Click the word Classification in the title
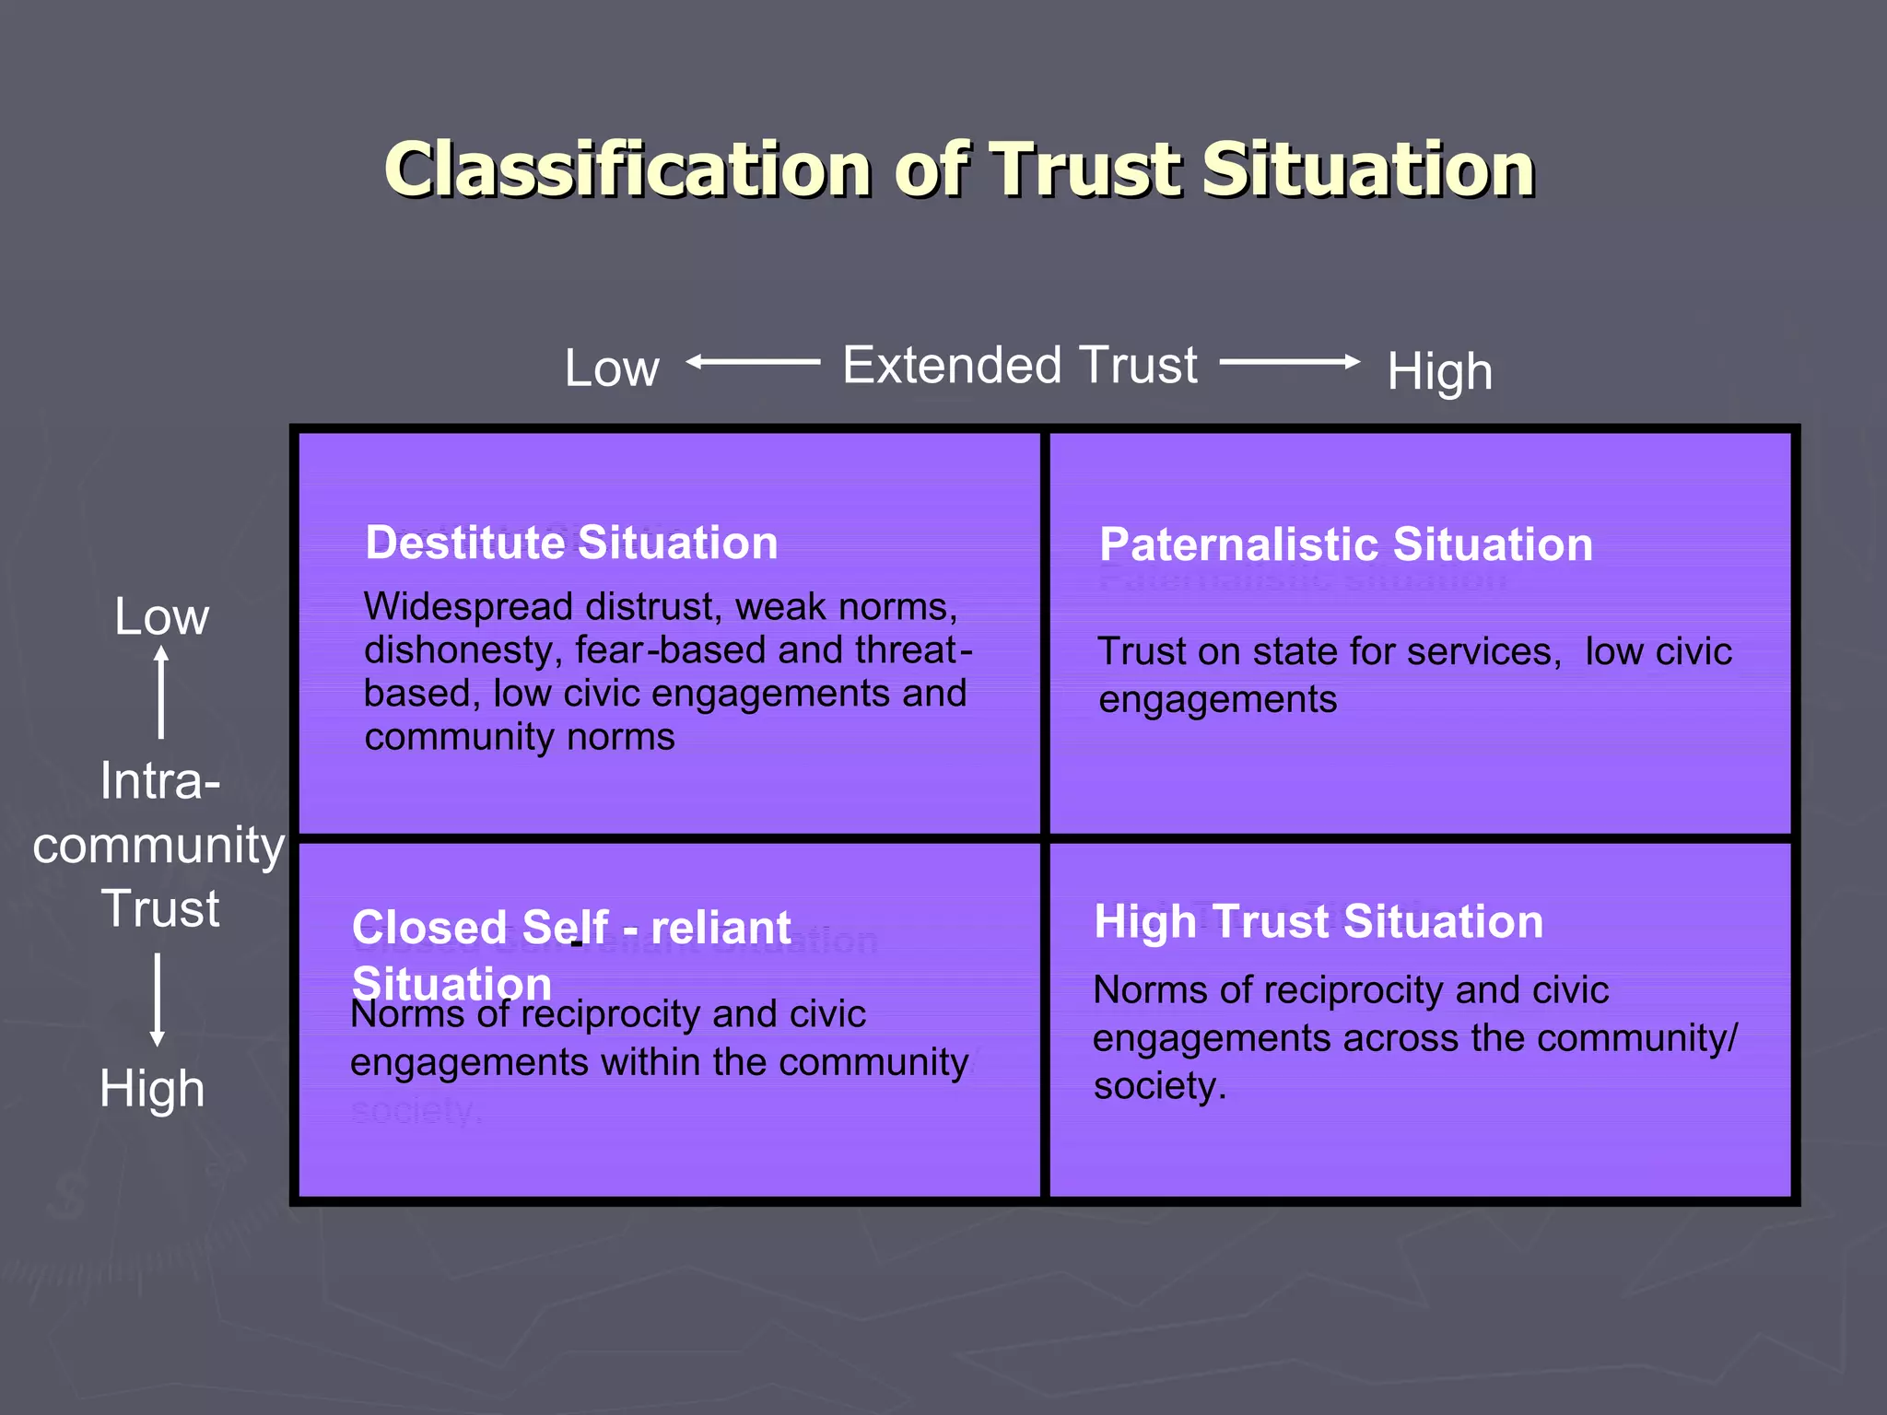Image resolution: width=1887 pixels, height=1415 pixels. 627,170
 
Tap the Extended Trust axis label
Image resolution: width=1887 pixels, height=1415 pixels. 1020,365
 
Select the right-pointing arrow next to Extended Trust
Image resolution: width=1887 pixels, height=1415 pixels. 1290,362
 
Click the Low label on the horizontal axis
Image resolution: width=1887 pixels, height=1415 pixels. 612,368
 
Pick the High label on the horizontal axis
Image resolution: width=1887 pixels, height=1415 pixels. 1439,371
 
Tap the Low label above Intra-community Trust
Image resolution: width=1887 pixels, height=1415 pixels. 161,615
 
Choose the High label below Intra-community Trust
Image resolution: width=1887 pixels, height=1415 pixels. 152,1089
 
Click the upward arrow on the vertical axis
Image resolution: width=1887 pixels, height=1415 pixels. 161,691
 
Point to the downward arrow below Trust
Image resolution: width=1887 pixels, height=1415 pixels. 158,1000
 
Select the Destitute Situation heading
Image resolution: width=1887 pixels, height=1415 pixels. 571,543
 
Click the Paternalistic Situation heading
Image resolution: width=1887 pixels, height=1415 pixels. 1345,544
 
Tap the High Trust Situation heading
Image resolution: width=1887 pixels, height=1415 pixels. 1319,921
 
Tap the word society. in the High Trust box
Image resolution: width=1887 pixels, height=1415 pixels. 1159,1086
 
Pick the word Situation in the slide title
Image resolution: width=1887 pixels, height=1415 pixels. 1367,170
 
